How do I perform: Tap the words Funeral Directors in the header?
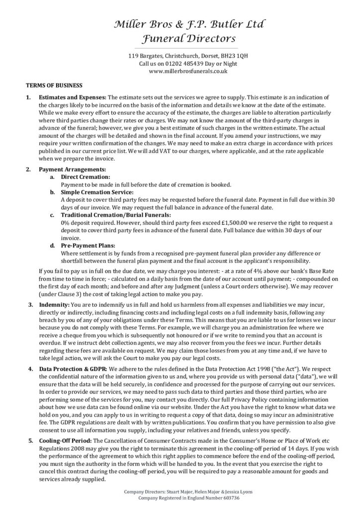pyautogui.click(x=180, y=39)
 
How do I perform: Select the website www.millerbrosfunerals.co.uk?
pyautogui.click(x=180, y=71)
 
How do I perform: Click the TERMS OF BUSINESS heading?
pyautogui.click(x=54, y=85)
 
